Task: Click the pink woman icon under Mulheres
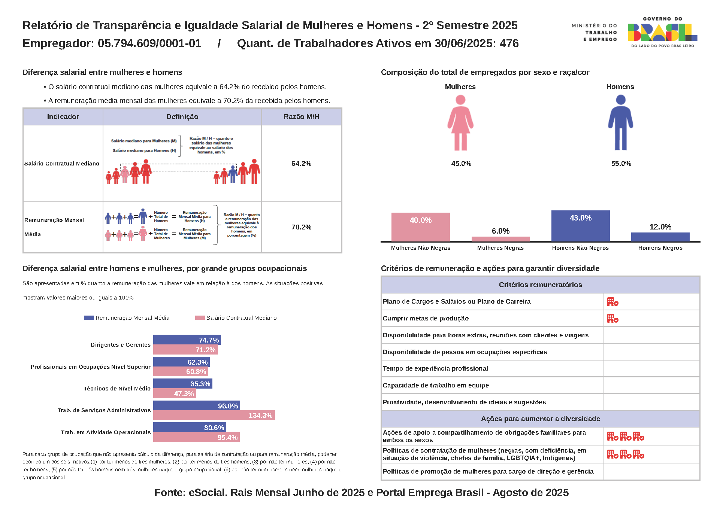click(460, 123)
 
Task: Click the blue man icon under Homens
click(620, 123)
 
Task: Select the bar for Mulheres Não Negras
click(420, 227)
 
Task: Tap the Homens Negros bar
click(660, 237)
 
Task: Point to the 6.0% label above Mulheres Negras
click(500, 231)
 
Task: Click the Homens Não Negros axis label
click(580, 248)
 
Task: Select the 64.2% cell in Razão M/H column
click(301, 164)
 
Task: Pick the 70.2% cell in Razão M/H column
click(301, 227)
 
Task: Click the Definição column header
click(182, 117)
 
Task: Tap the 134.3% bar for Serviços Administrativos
click(214, 415)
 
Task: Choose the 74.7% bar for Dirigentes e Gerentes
click(187, 340)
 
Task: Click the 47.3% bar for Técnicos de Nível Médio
click(175, 393)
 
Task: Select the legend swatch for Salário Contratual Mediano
click(200, 318)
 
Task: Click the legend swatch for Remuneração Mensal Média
click(89, 318)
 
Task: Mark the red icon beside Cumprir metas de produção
click(612, 319)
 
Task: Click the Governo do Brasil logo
click(662, 33)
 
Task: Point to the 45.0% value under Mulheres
click(461, 164)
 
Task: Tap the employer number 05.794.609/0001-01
click(149, 43)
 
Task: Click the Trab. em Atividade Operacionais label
click(106, 432)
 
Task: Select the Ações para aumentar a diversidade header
click(540, 419)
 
